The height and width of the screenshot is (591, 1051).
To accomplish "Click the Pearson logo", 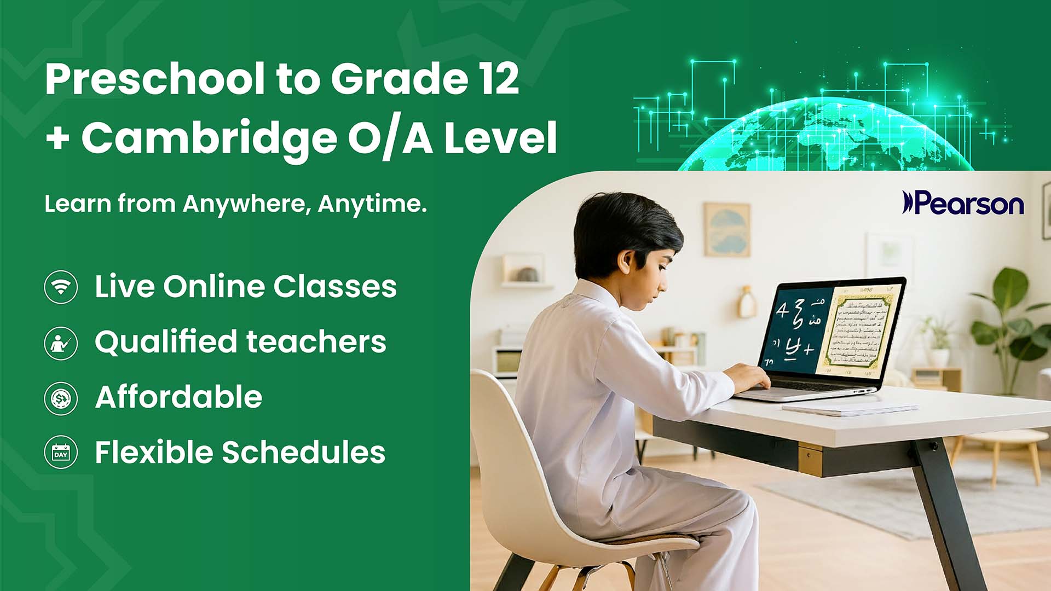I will coord(963,203).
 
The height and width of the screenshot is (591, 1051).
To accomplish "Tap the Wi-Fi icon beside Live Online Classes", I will coord(61,287).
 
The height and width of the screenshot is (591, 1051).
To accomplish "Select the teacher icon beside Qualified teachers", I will coord(61,343).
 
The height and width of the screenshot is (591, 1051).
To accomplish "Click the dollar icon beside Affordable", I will coord(61,398).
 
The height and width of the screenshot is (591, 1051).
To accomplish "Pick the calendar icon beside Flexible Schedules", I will coord(61,453).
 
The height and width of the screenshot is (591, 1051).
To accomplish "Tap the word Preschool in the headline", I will coord(155,79).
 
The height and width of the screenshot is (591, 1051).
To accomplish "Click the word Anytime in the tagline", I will coord(372,204).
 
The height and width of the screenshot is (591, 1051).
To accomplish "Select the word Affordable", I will coord(178,397).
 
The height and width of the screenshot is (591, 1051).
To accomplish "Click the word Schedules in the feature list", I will coord(303,453).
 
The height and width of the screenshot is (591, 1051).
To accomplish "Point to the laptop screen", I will coord(831,331).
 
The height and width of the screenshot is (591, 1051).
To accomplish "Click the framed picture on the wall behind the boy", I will coord(726,230).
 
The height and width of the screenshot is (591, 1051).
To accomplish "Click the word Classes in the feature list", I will coord(335,287).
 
